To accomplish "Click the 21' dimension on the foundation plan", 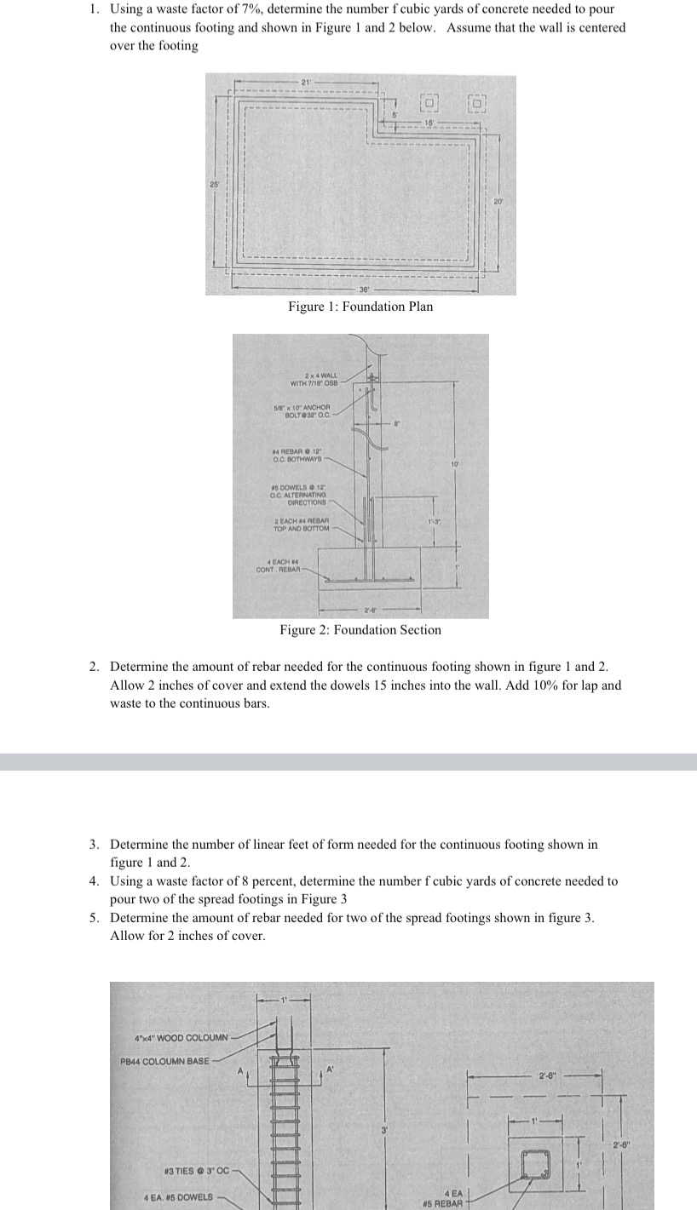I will [x=305, y=81].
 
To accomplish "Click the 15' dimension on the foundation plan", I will [x=429, y=123].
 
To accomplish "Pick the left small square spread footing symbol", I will [x=430, y=103].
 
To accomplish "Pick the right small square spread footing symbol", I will [x=478, y=104].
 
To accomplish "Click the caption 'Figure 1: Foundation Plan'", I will [x=360, y=307].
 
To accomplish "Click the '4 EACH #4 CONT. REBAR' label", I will [x=278, y=565].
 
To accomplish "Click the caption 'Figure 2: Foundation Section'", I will [x=360, y=630].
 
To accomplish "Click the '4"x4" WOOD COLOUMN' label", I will [x=181, y=1037].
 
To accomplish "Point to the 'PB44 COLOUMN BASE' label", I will [x=164, y=1061].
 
